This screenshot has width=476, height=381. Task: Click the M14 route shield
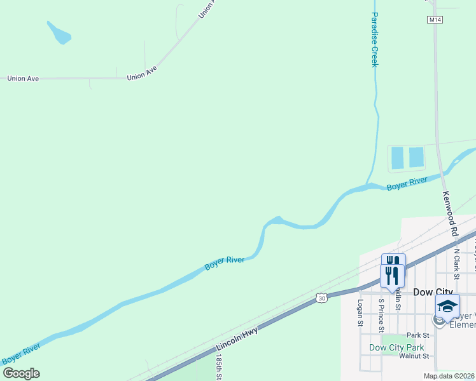[x=435, y=20]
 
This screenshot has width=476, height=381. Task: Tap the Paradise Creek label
[x=375, y=39]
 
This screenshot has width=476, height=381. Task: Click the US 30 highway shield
[x=321, y=297]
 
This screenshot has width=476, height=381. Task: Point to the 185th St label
[x=218, y=368]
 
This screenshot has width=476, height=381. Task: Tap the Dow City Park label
[x=396, y=347]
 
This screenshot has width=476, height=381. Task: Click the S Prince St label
[x=381, y=315]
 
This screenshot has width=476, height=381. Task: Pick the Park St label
[x=419, y=335]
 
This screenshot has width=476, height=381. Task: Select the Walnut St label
[x=414, y=356]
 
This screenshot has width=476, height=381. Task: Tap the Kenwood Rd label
[x=450, y=215]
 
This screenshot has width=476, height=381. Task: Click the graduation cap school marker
[x=447, y=306]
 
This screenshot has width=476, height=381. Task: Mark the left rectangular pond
[x=398, y=157]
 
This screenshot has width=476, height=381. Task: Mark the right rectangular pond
[x=416, y=157]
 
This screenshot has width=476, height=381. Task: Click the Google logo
[x=21, y=373]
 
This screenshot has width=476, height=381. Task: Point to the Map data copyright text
[x=449, y=376]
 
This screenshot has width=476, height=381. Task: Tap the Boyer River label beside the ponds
[x=407, y=184]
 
